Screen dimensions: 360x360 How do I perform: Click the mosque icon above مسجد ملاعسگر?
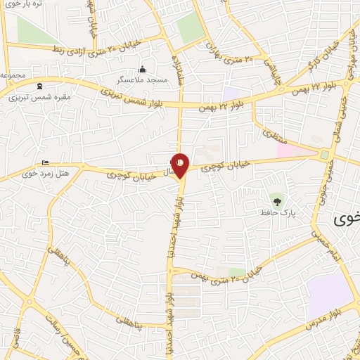(143, 69)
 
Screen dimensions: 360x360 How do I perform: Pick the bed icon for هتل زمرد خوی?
(46, 163)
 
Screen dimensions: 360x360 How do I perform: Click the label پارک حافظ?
(275, 212)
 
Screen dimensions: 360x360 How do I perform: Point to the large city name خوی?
(345, 219)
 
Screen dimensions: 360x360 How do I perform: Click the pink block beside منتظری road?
(296, 149)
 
